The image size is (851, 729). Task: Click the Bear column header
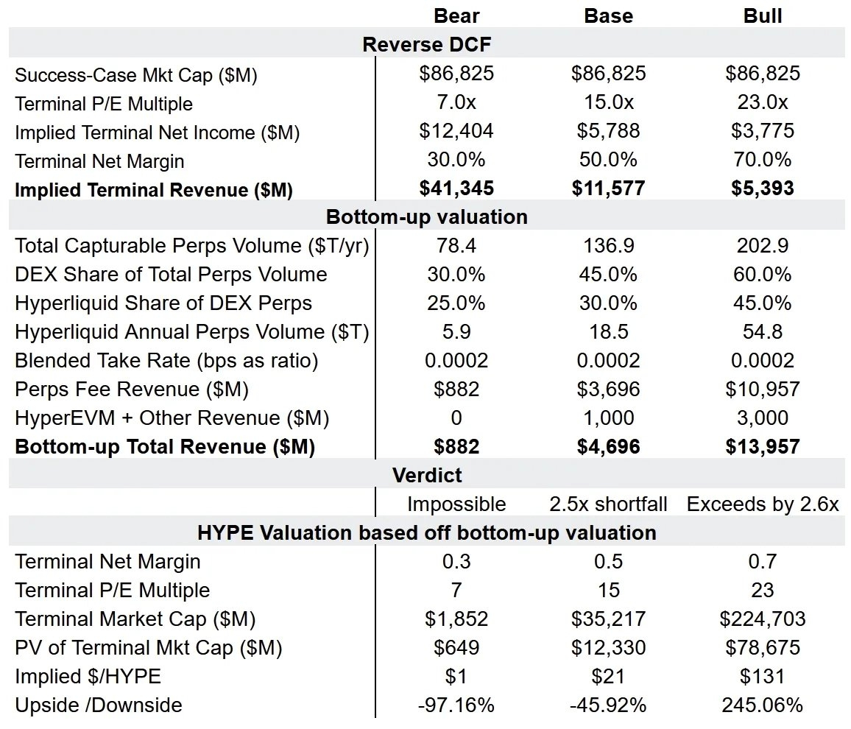point(456,15)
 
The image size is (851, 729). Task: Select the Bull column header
point(763,15)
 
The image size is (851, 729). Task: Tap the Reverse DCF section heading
point(426,44)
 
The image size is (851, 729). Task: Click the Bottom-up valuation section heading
point(426,217)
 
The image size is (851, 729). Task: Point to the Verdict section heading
point(426,475)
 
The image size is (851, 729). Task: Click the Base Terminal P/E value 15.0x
point(609,102)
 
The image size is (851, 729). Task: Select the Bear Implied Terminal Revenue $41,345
point(456,189)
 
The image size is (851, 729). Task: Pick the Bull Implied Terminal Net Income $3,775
point(763,131)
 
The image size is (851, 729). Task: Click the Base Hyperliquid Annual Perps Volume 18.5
point(609,332)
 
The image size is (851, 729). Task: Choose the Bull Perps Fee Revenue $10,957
point(763,390)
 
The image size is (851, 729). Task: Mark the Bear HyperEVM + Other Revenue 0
point(456,418)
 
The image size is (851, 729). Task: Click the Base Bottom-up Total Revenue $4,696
point(609,447)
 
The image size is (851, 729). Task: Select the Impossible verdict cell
point(456,504)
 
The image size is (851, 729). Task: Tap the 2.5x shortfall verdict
point(609,504)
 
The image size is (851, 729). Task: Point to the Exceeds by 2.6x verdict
point(763,504)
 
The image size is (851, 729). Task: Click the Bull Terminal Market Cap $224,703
point(763,619)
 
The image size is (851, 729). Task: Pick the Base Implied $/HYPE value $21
point(609,676)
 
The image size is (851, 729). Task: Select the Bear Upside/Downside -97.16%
point(456,705)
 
